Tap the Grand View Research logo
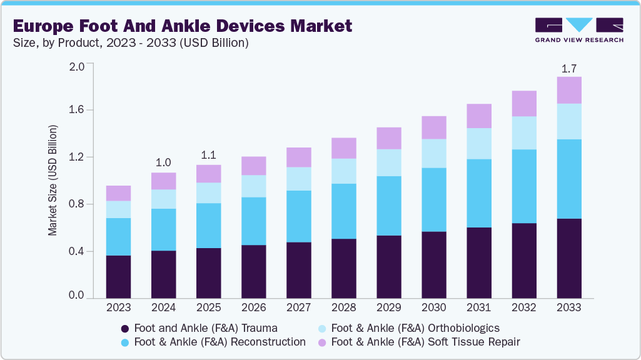pyautogui.click(x=579, y=30)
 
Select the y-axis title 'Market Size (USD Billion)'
pyautogui.click(x=53, y=181)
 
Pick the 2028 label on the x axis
pyautogui.click(x=343, y=308)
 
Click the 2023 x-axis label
pyautogui.click(x=118, y=308)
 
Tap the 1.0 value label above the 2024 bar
pyautogui.click(x=163, y=162)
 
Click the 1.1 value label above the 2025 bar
pyautogui.click(x=208, y=154)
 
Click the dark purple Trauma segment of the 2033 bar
pyautogui.click(x=569, y=259)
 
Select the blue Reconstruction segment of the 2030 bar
pyautogui.click(x=434, y=199)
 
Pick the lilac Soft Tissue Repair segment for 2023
pyautogui.click(x=118, y=193)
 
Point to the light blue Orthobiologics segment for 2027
pyautogui.click(x=298, y=179)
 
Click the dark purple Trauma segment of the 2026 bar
pyautogui.click(x=253, y=272)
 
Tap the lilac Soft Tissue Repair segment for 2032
pyautogui.click(x=524, y=103)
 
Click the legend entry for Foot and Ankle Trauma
pyautogui.click(x=199, y=328)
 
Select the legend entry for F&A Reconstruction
pyautogui.click(x=213, y=342)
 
